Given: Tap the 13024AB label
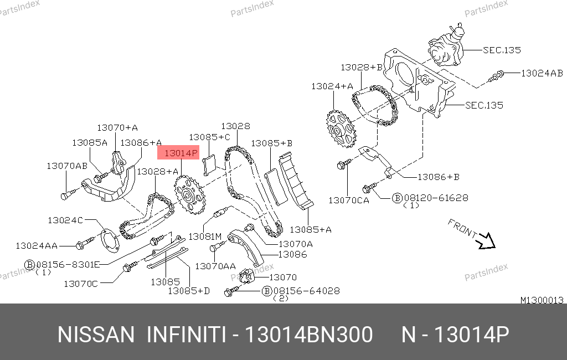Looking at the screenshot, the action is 542,74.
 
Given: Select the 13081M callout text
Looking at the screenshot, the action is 205,236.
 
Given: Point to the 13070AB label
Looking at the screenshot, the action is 67,166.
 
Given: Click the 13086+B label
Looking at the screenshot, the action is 439,177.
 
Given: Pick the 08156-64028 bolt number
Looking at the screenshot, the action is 306,291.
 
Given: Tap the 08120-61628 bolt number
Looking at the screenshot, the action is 436,198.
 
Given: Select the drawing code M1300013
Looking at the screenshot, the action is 542,300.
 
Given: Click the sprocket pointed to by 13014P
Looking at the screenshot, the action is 190,194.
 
